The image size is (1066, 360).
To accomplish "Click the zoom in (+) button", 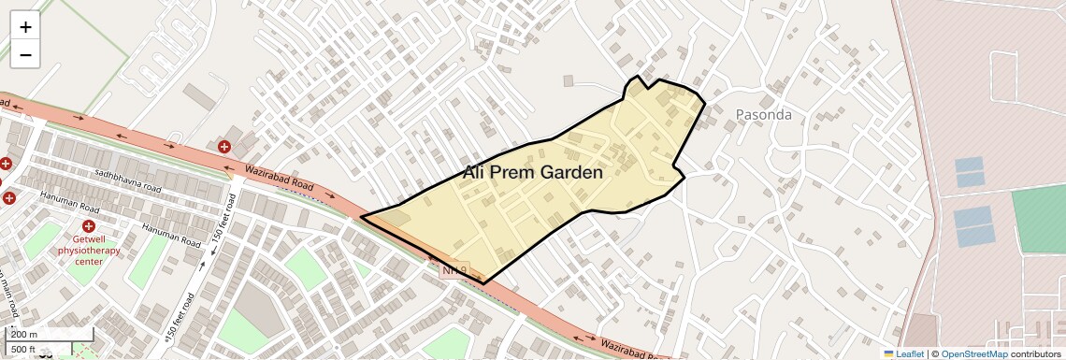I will click(x=25, y=27).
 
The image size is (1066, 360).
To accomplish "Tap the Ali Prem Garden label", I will click(x=532, y=172).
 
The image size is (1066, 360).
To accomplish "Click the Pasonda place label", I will click(x=763, y=115).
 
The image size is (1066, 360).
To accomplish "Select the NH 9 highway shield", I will click(x=453, y=270).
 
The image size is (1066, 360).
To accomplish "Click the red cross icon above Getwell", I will click(x=89, y=226).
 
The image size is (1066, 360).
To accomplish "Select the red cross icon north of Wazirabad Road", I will click(x=224, y=147).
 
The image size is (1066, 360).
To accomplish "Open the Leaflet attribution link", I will click(x=903, y=353).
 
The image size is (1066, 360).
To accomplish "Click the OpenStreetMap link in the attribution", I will click(x=974, y=353).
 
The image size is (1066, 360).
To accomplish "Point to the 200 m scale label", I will click(x=24, y=335).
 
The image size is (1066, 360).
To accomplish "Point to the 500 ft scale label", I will click(x=23, y=350).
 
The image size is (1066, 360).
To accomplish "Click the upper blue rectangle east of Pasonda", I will click(x=970, y=171).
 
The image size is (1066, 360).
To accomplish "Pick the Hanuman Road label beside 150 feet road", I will click(x=171, y=236).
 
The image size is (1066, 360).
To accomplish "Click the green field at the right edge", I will click(x=1041, y=220).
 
